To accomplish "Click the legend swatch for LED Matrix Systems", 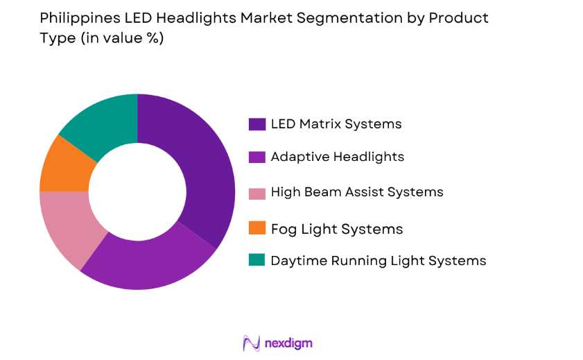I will tap(256, 124).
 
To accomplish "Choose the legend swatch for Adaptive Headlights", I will tap(256, 157).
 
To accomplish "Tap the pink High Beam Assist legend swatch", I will tap(256, 191).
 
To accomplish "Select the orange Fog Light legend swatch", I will tap(256, 228).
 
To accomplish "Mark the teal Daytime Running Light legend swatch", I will tap(256, 260).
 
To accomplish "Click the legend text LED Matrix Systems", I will tap(336, 124).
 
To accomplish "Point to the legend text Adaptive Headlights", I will tap(338, 157).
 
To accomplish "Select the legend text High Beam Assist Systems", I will tap(357, 191).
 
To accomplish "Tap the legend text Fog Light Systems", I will tap(337, 228).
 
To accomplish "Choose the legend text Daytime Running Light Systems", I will tap(378, 260).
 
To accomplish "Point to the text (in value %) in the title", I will tap(122, 38).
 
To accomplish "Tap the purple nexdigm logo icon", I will tap(251, 343).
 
